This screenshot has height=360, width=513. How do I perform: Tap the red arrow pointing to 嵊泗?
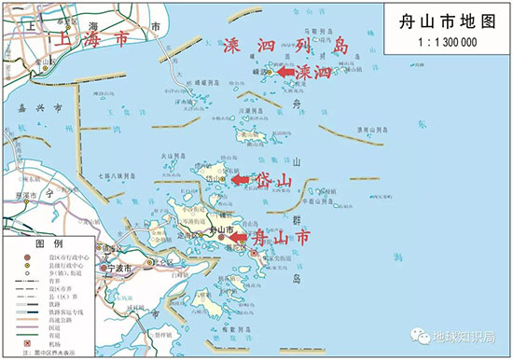[x=278, y=72]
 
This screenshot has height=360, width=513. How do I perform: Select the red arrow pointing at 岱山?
[x=239, y=178]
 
